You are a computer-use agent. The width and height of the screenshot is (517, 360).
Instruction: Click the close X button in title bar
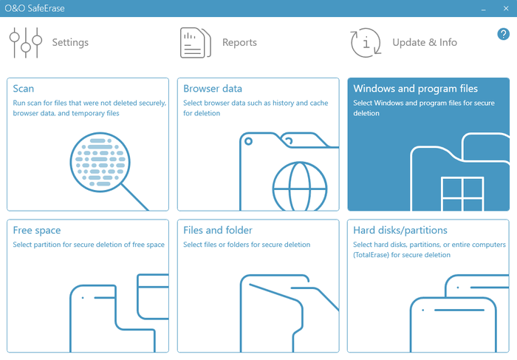tap(506, 8)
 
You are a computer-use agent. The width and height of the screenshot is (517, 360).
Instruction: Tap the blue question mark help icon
tap(503, 34)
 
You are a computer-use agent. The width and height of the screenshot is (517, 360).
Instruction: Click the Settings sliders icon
tap(26, 43)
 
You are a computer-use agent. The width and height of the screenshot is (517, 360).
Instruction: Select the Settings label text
tap(70, 43)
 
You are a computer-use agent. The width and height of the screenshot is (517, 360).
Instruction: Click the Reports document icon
tap(196, 43)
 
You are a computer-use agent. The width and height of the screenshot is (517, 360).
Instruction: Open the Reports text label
tap(239, 43)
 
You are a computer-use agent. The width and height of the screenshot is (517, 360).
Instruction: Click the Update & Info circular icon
tap(366, 43)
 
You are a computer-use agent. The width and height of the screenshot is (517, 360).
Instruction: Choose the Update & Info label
tap(425, 42)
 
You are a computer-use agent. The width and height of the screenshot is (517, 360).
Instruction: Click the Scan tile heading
tap(24, 89)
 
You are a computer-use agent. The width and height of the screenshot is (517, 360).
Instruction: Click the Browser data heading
tap(213, 89)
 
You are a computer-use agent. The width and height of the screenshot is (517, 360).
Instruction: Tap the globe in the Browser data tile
tap(300, 186)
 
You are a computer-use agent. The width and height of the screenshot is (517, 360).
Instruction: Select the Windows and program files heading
tap(415, 89)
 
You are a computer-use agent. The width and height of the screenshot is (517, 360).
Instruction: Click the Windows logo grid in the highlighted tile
tap(462, 194)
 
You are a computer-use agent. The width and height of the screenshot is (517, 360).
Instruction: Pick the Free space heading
tap(37, 231)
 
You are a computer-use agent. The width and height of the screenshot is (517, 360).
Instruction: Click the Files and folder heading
tap(218, 230)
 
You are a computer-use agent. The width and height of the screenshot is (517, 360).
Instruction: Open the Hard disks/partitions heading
tap(400, 230)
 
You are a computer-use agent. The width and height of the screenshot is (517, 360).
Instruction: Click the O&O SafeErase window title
tap(35, 8)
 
